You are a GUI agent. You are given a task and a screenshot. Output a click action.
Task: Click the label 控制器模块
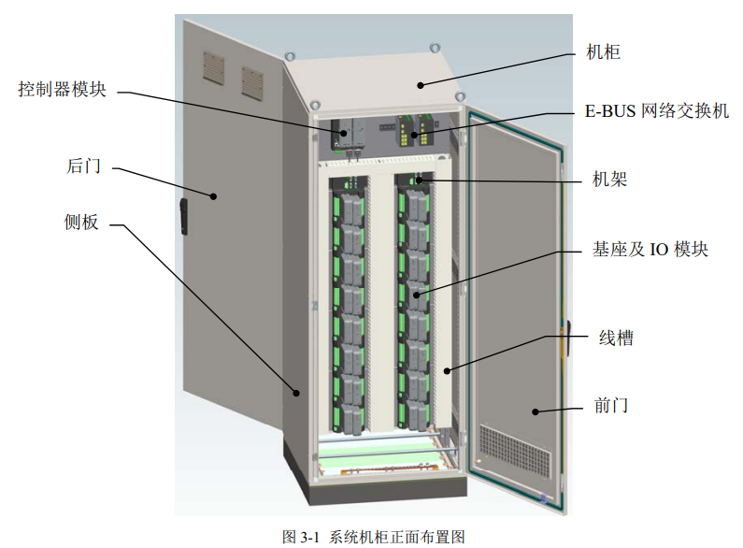(x=62, y=91)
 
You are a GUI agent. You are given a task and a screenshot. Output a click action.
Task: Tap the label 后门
(x=83, y=166)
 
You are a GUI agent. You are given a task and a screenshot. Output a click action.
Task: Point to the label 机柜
(x=603, y=52)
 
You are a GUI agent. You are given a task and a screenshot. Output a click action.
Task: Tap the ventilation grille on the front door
(x=515, y=449)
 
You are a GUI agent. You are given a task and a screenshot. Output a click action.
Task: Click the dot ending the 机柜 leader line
(x=422, y=85)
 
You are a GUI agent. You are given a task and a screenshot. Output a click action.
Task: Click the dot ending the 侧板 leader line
(x=298, y=393)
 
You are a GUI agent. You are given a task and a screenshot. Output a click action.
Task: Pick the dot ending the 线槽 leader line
(x=448, y=371)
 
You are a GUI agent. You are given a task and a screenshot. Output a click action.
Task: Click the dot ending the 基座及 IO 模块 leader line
(x=416, y=295)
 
